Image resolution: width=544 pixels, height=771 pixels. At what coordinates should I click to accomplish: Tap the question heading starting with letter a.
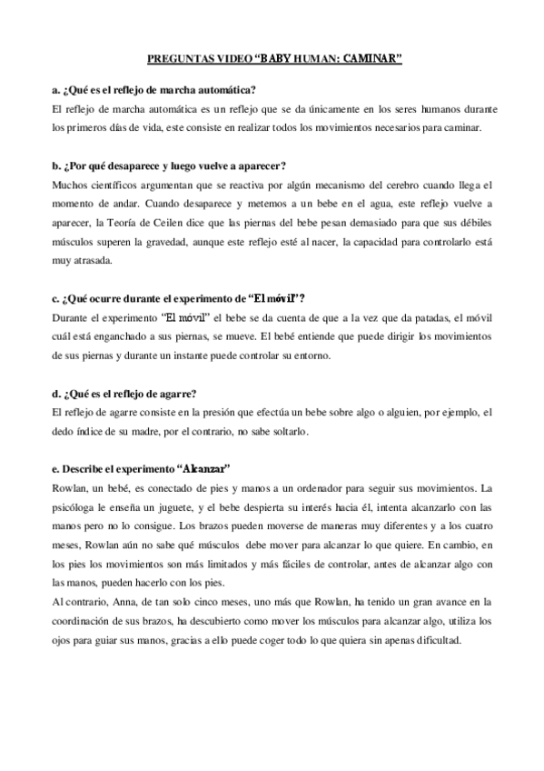pos(154,89)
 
